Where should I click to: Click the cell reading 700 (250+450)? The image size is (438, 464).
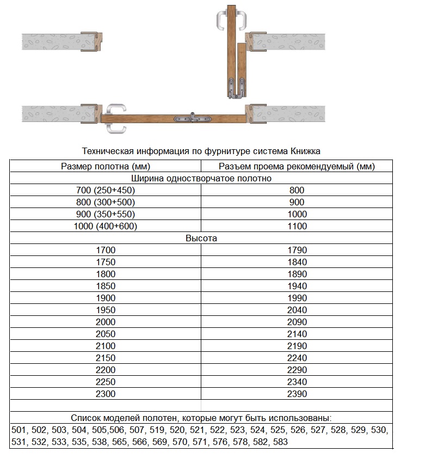[x=106, y=191]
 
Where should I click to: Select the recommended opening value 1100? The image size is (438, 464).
[x=297, y=227]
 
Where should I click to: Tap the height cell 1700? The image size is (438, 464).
[x=106, y=251]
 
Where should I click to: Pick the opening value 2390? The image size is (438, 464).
[x=297, y=394]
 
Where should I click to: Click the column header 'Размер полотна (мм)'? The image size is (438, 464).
[x=106, y=167]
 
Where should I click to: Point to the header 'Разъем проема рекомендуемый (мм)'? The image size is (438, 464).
[x=297, y=167]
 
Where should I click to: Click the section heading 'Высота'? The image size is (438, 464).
[x=201, y=239]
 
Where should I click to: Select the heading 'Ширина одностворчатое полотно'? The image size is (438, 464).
[x=201, y=179]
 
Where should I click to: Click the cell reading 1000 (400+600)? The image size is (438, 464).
[x=106, y=227]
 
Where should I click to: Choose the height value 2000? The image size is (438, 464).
[x=106, y=322]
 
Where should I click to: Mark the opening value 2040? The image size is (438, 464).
[x=297, y=310]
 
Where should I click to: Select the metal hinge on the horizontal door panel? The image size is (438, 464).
[x=192, y=118]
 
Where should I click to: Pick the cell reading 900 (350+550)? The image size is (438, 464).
[x=106, y=215]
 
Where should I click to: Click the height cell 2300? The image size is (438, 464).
[x=106, y=394]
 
